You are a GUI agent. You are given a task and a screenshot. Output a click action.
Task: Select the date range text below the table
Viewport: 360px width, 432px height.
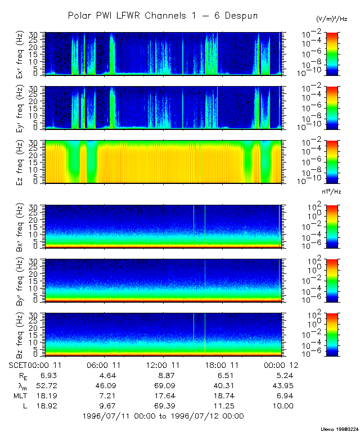click(x=163, y=416)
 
